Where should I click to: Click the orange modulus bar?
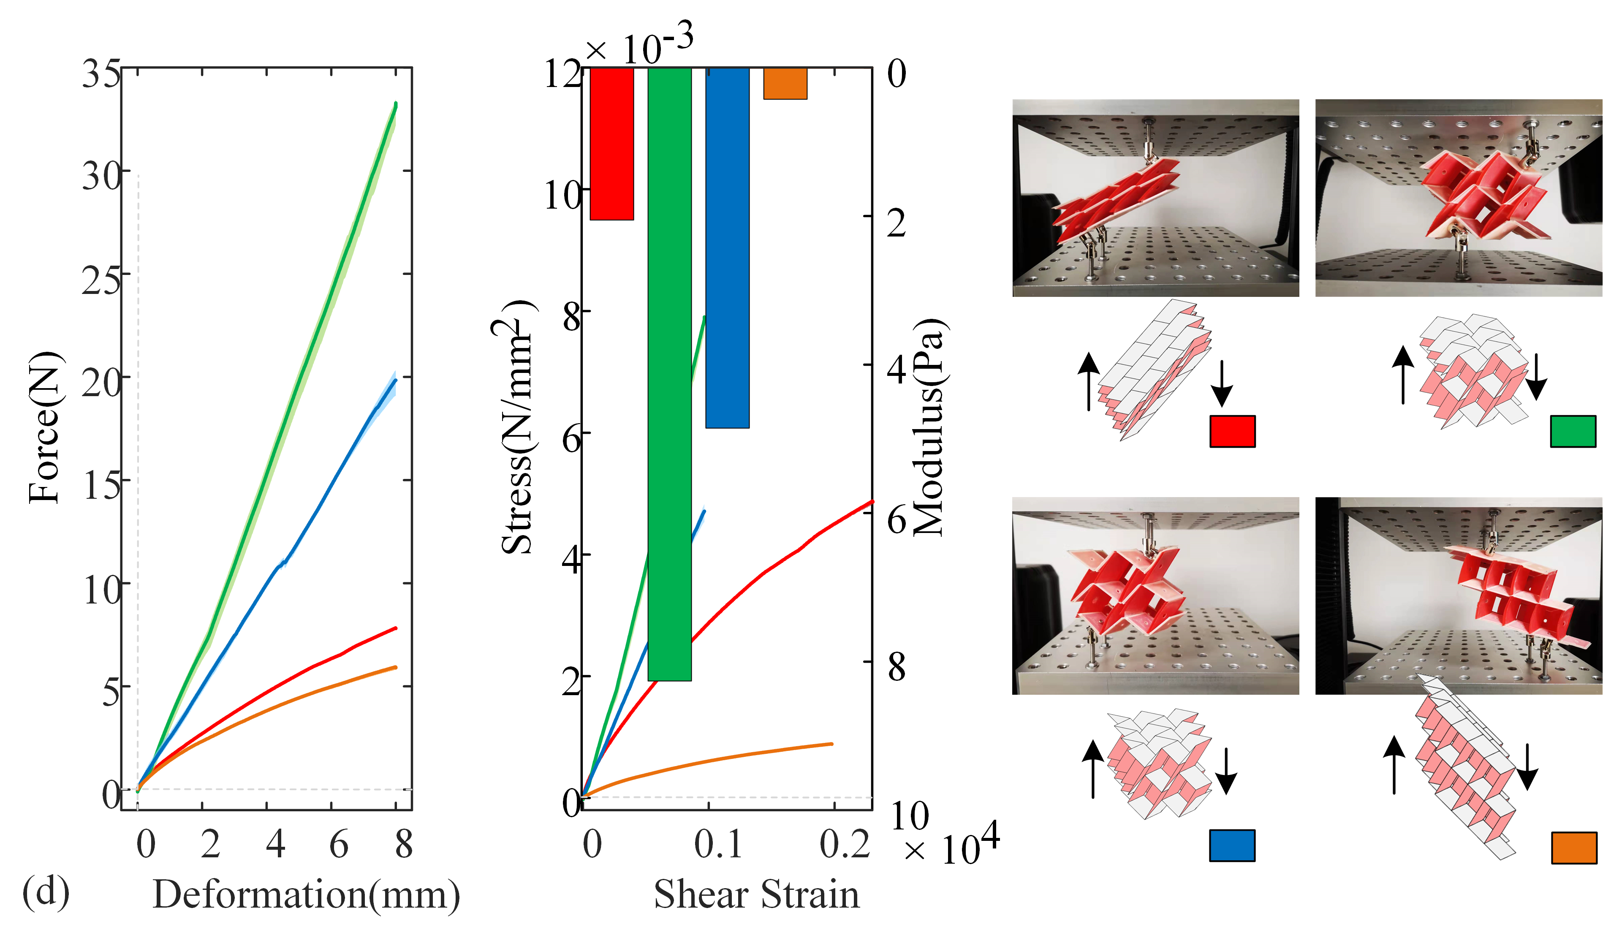785,83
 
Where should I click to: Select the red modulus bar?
612,144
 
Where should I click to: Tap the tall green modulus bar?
669,374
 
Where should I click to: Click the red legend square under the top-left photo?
1232,432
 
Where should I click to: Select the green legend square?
1573,432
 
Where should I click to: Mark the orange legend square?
1574,848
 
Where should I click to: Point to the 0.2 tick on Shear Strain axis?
844,845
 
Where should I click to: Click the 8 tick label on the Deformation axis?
403,845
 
